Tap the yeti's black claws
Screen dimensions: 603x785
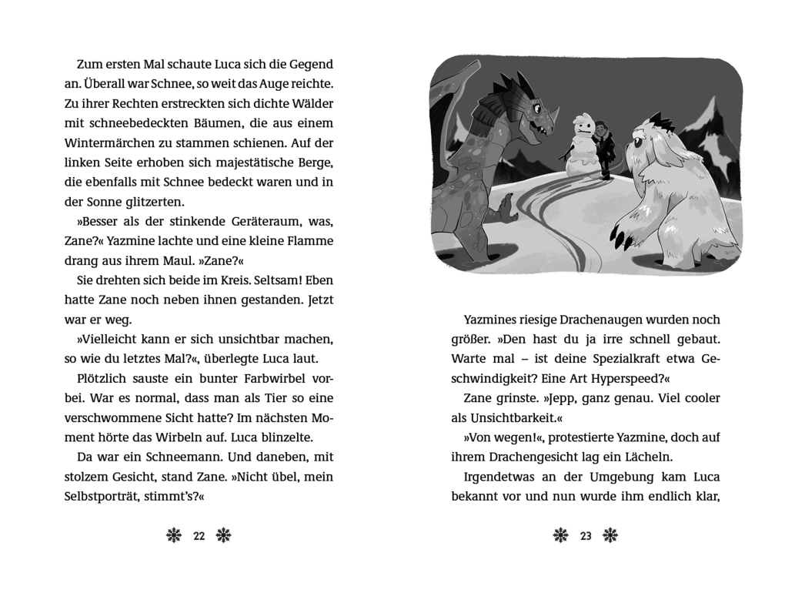pos(620,235)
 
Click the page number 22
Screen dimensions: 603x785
pos(199,536)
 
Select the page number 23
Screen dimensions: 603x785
pos(586,536)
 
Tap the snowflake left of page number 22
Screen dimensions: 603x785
pos(174,536)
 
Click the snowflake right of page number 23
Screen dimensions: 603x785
pos(610,536)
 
